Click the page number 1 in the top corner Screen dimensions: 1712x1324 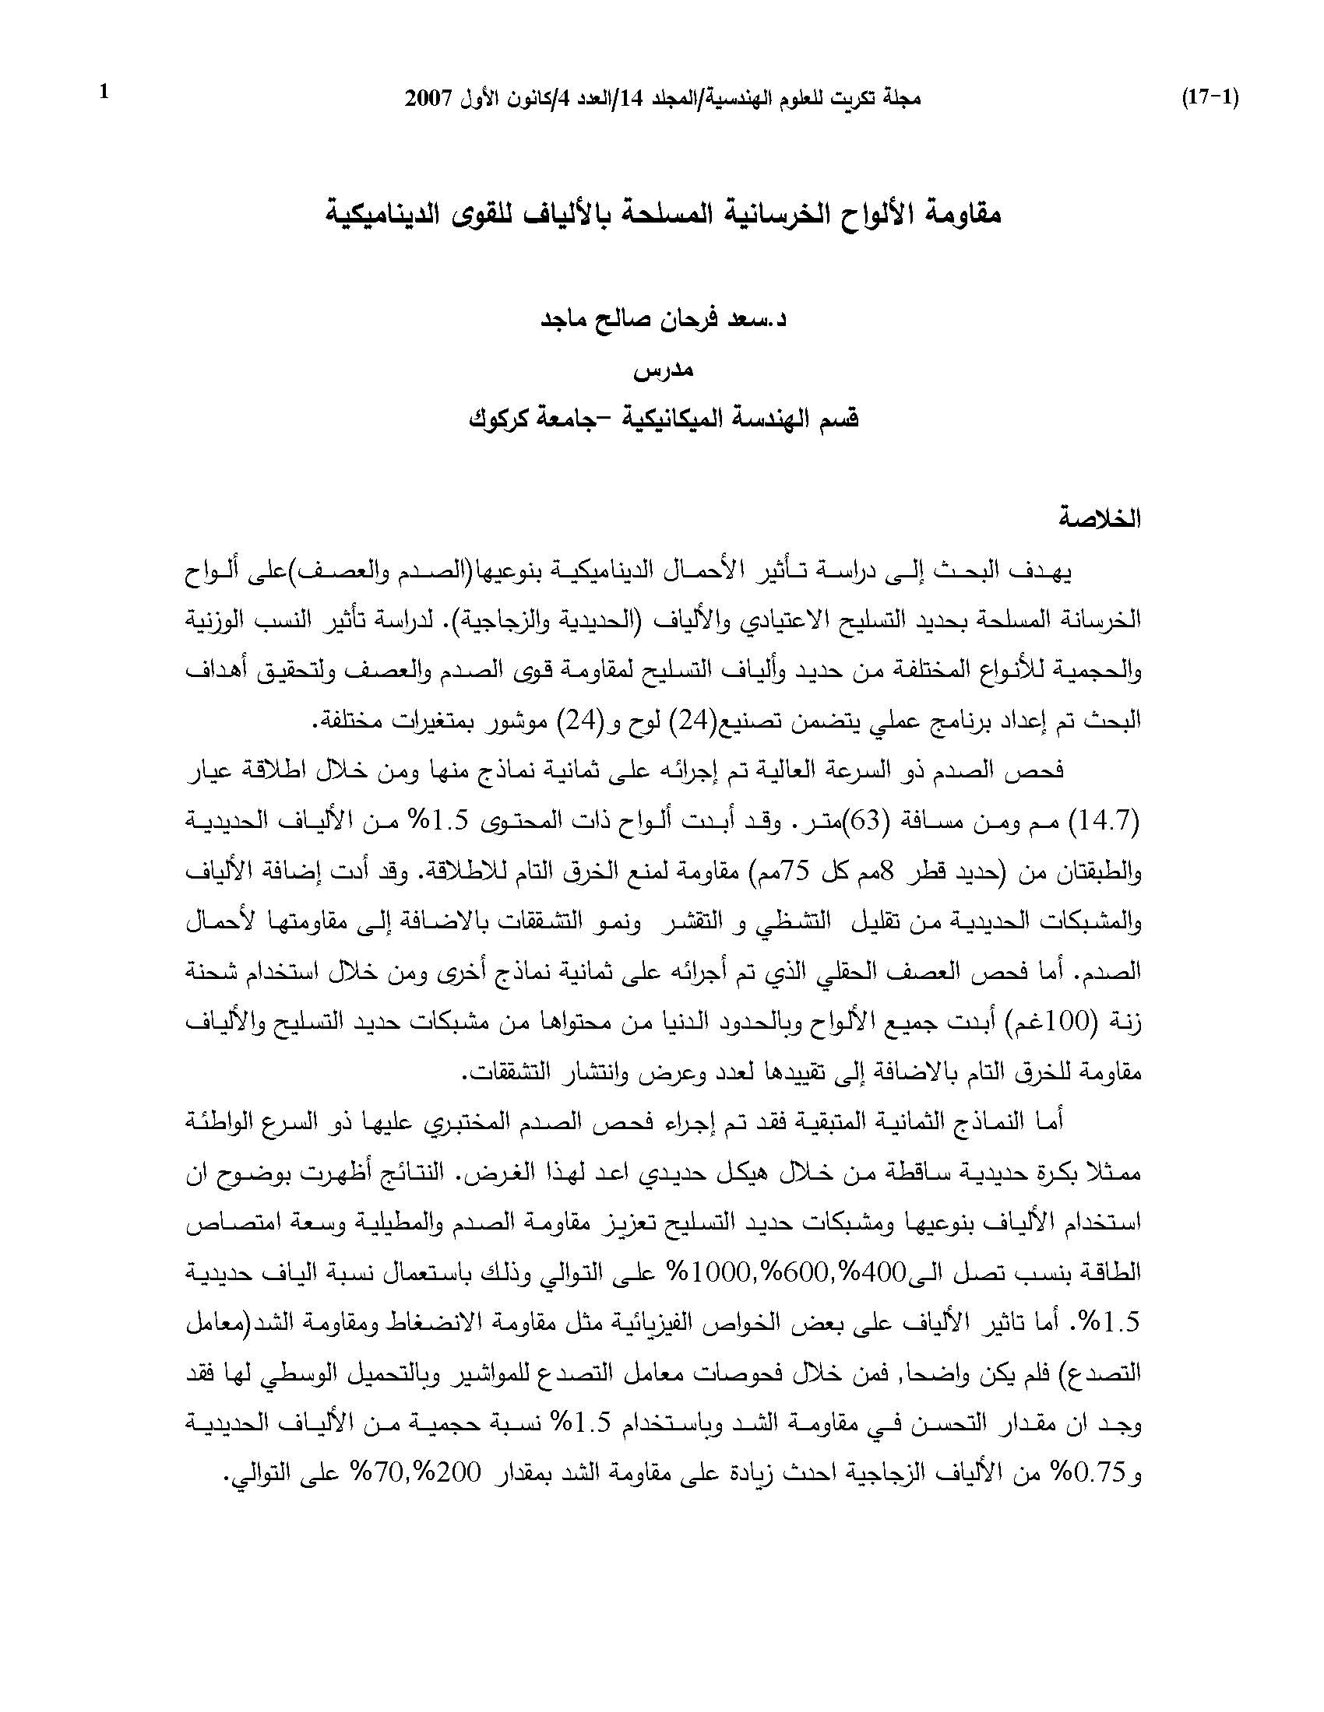tap(104, 93)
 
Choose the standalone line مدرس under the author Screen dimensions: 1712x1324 tap(664, 369)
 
